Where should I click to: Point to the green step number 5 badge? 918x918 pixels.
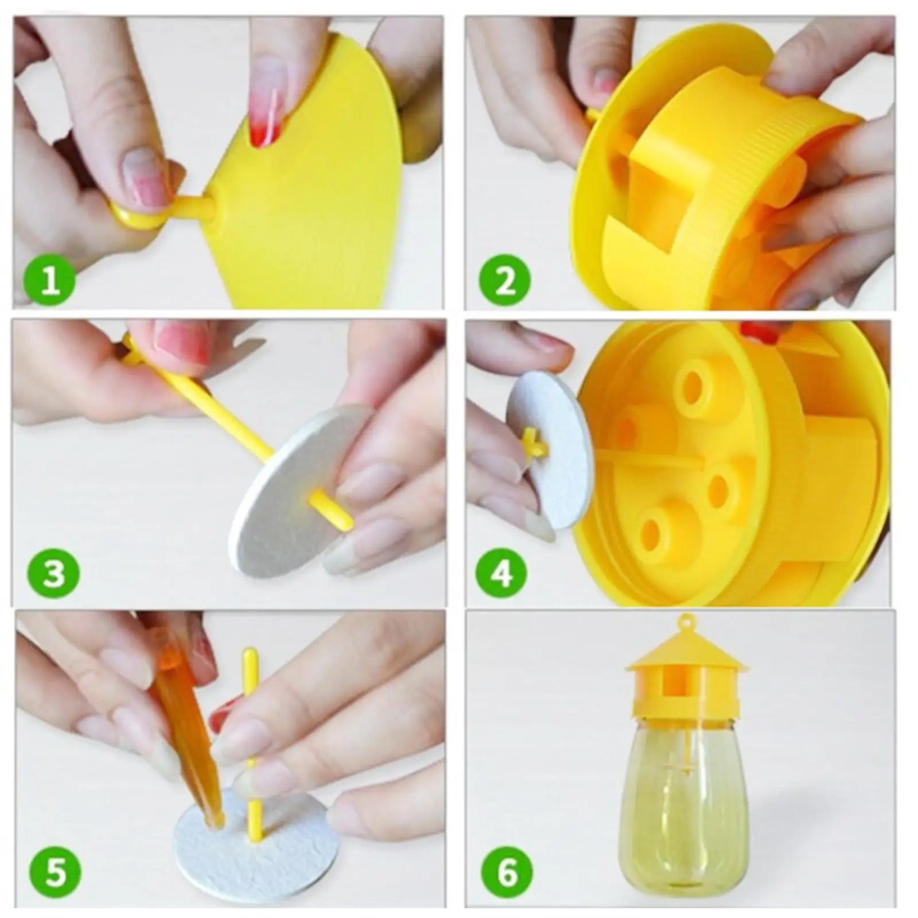[56, 873]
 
